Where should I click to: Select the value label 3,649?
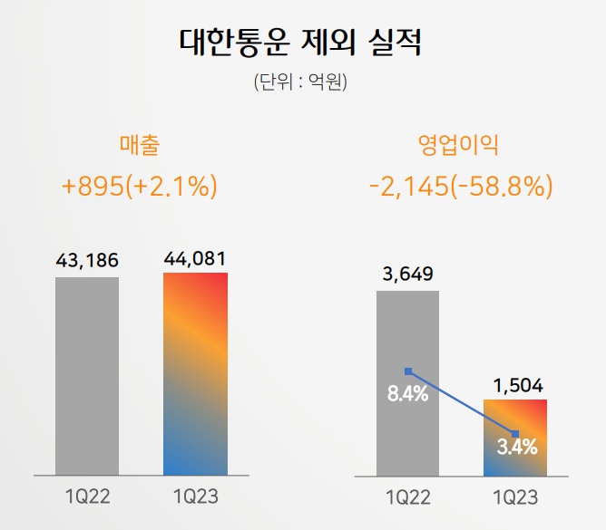[x=407, y=275]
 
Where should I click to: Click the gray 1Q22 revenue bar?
[x=87, y=376]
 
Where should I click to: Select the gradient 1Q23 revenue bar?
[x=195, y=373]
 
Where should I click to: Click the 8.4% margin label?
[x=407, y=395]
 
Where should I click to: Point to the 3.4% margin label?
[x=517, y=446]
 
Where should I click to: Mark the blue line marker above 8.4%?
[x=408, y=371]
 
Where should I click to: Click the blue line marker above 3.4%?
[x=516, y=433]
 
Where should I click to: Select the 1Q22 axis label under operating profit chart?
[x=407, y=497]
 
